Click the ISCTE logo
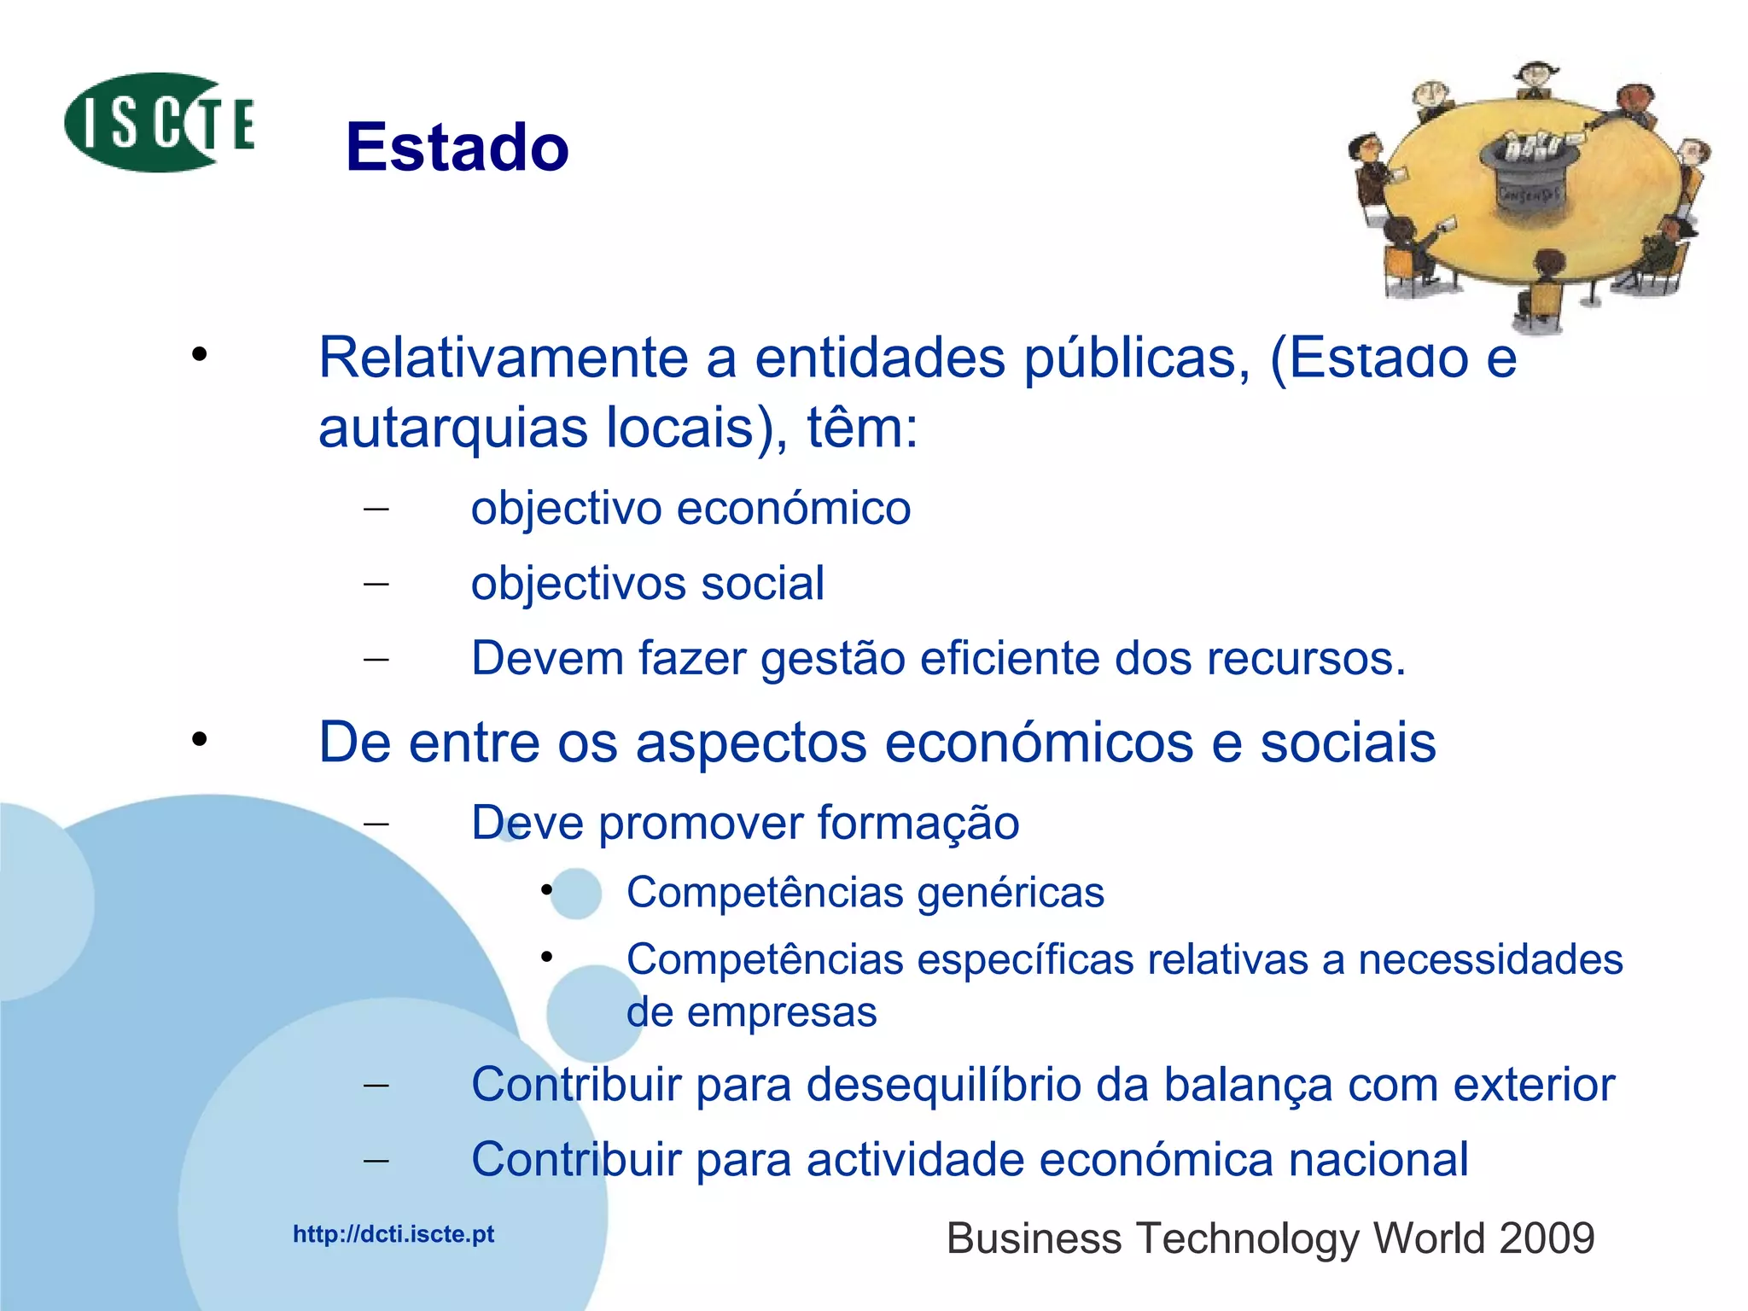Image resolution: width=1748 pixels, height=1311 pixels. click(160, 123)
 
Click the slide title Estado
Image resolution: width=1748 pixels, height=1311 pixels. click(457, 147)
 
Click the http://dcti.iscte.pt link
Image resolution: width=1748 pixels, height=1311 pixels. click(393, 1234)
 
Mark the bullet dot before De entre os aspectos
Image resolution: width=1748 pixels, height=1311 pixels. click(200, 739)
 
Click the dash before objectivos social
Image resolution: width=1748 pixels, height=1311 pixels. click(376, 585)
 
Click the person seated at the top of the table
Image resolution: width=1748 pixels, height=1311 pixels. click(1536, 81)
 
